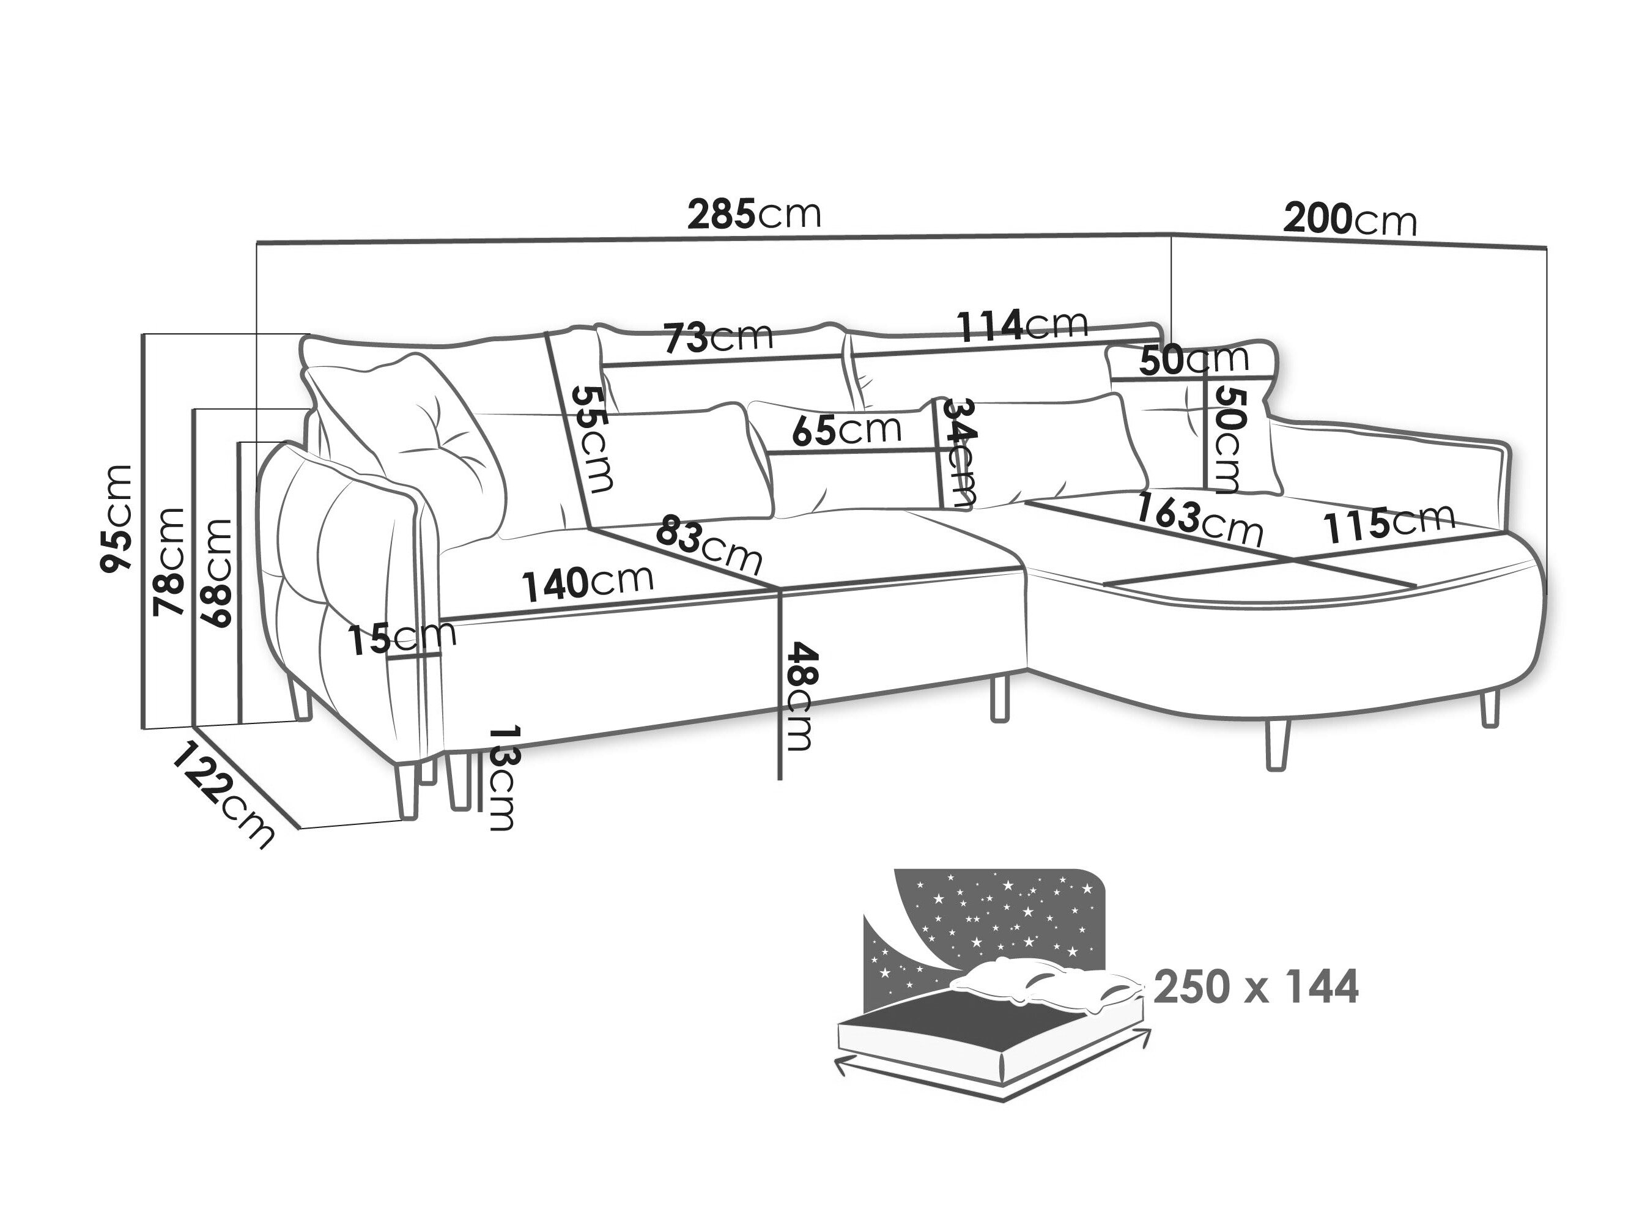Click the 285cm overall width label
tap(754, 214)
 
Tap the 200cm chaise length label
tap(1350, 219)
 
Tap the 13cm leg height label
tap(502, 777)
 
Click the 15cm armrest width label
tap(402, 638)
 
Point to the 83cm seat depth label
tap(708, 544)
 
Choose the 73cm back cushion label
tap(718, 337)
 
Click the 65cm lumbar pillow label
tap(846, 429)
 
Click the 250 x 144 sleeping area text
tap(1256, 988)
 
